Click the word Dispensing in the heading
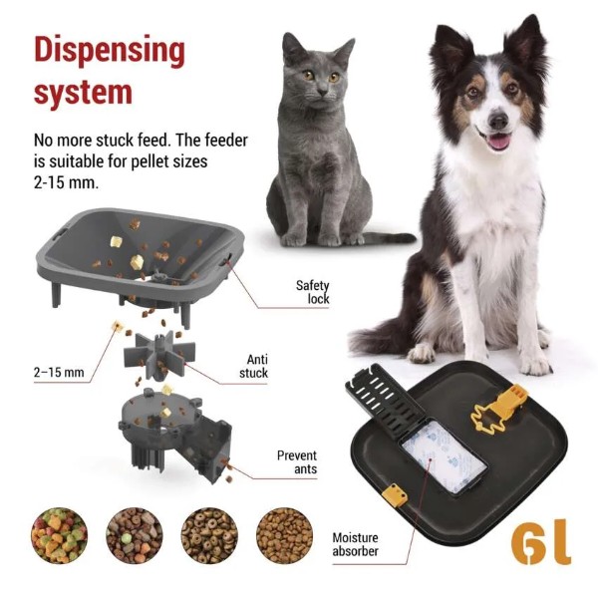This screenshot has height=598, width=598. tap(110, 52)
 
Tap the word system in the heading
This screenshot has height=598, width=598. tap(83, 93)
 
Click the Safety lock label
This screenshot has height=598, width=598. tap(313, 292)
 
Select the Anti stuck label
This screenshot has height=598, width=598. tap(254, 366)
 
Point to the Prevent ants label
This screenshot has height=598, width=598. tap(297, 461)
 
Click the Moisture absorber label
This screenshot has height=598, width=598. tap(355, 544)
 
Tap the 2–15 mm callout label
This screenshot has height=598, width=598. tap(59, 372)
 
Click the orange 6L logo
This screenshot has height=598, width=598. tap(541, 541)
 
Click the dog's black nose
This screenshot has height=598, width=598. tap(498, 121)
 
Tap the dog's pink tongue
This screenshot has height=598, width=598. tap(499, 142)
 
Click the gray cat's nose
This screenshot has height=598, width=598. tap(322, 91)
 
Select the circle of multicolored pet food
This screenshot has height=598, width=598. tap(59, 535)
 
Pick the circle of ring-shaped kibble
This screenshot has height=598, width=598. tap(209, 535)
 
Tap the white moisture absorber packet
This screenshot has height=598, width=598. tap(445, 456)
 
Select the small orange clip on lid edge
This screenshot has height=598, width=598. tap(395, 494)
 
